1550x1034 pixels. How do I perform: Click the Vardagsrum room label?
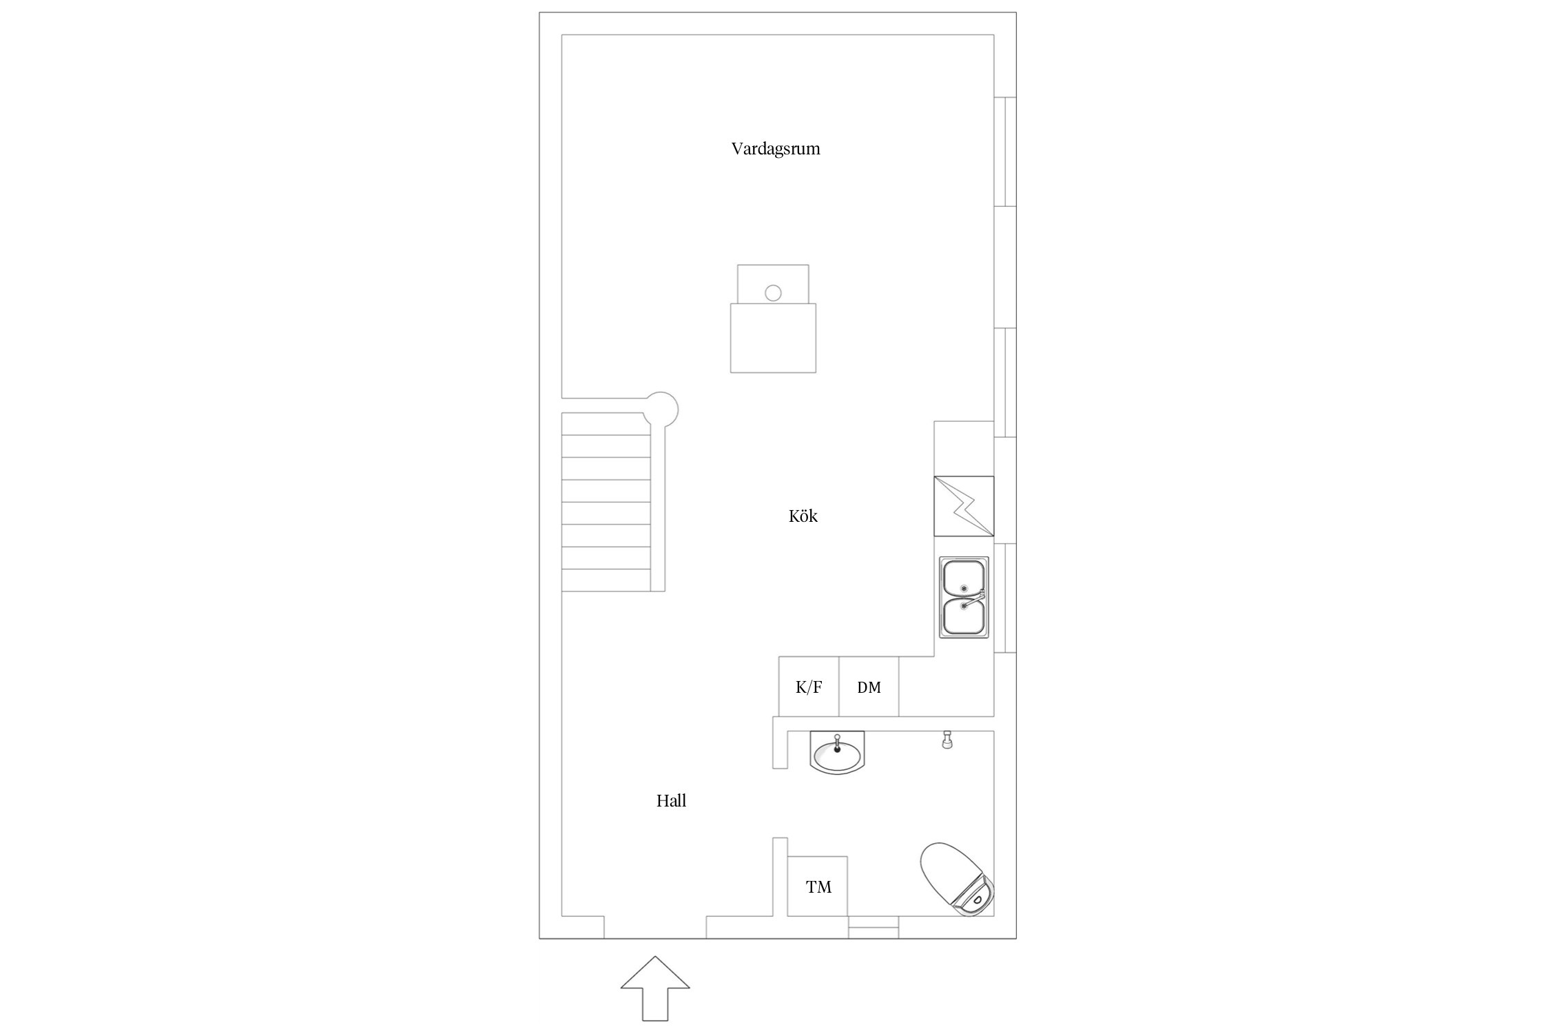(x=776, y=149)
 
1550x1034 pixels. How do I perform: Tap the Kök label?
(x=803, y=516)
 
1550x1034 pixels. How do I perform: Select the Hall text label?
(x=671, y=800)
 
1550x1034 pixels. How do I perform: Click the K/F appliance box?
(x=809, y=687)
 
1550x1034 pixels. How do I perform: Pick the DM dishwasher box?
(x=869, y=687)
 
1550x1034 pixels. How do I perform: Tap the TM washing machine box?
(x=818, y=886)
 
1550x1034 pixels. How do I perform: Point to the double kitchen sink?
(x=964, y=597)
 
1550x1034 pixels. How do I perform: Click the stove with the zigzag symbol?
(x=964, y=506)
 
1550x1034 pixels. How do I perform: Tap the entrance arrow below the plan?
(x=655, y=988)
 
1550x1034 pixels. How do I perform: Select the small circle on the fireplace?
(x=773, y=293)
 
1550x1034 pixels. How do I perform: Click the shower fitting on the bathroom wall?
(x=947, y=740)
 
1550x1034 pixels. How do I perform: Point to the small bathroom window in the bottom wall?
(x=873, y=927)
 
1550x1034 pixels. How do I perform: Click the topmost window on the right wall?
(x=1005, y=152)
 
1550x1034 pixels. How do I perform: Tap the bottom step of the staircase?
(x=606, y=580)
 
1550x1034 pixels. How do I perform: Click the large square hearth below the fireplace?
(x=773, y=338)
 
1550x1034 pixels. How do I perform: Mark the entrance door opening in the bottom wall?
(x=655, y=927)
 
